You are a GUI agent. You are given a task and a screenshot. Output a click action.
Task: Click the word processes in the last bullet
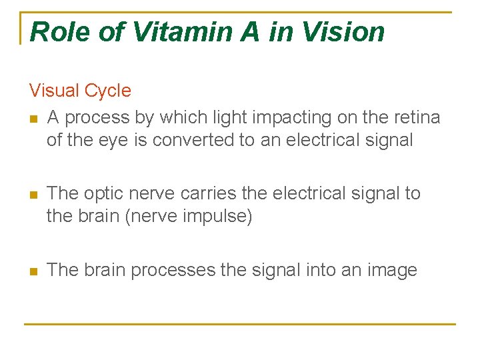(x=173, y=270)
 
